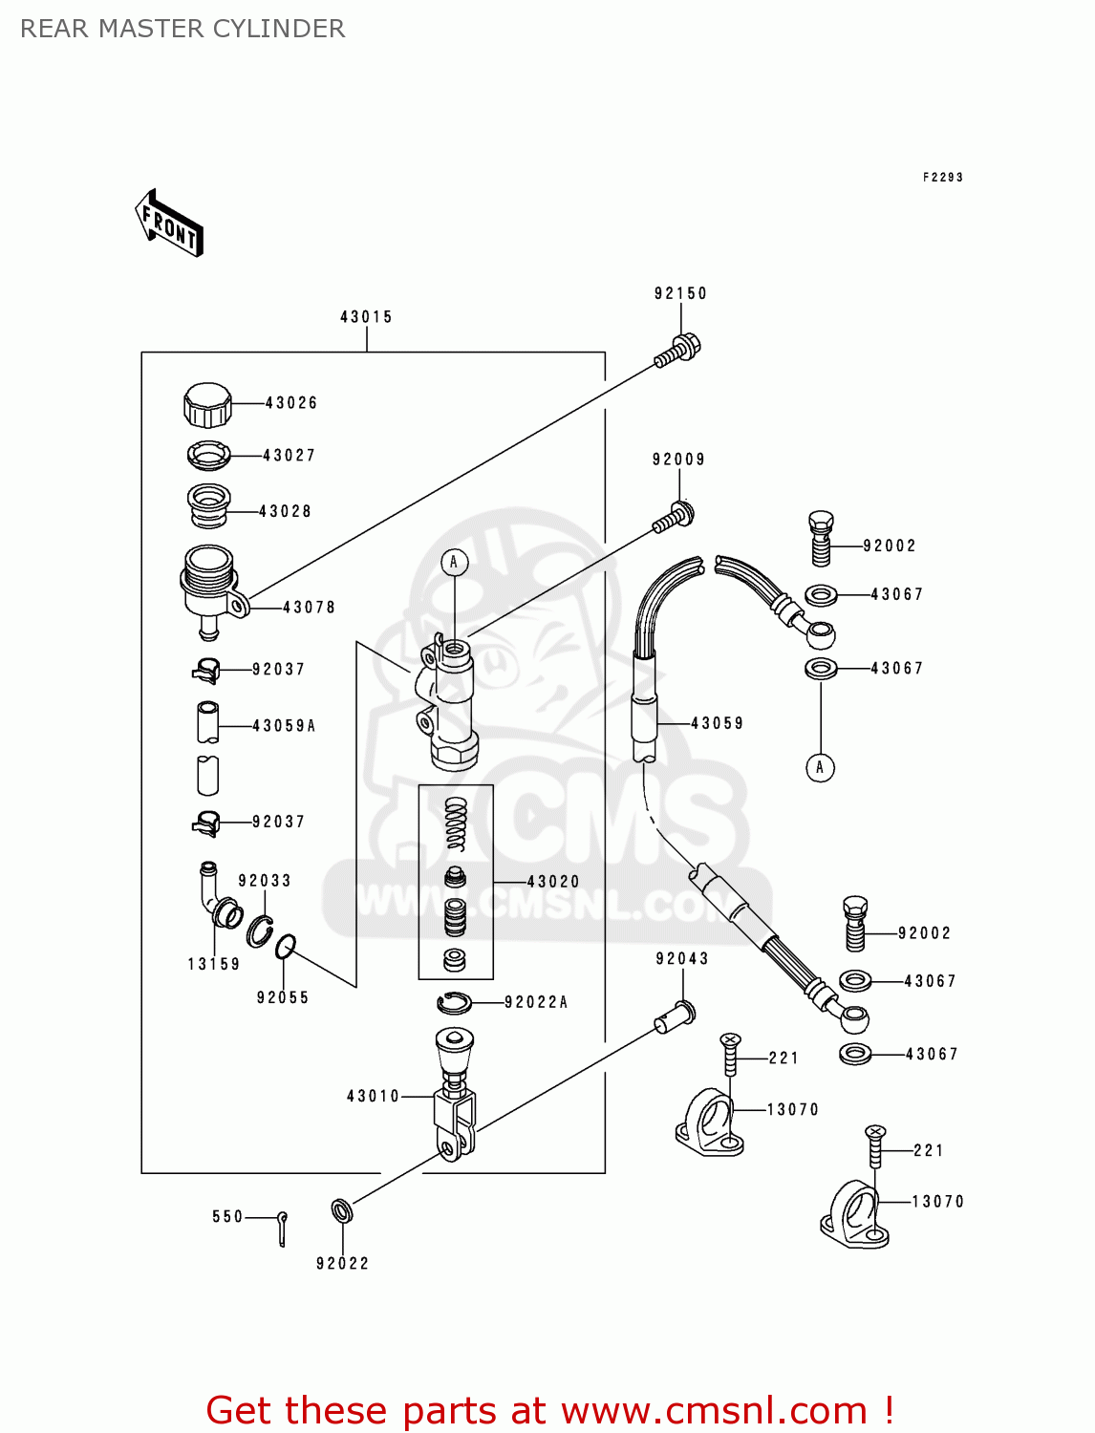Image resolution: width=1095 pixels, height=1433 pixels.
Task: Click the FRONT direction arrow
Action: [169, 224]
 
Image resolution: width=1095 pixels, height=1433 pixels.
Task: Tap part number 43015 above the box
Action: [366, 317]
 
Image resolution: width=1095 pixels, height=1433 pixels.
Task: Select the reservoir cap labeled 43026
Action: [207, 405]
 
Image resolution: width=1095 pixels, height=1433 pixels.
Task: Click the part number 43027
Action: [289, 456]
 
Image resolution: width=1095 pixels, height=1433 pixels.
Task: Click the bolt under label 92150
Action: [677, 350]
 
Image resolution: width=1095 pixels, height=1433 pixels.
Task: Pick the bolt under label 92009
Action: [674, 518]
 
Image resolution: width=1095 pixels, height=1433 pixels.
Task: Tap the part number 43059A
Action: [284, 726]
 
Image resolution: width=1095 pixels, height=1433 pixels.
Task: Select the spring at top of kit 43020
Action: [457, 824]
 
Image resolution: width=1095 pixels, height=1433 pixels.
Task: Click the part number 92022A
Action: [536, 1002]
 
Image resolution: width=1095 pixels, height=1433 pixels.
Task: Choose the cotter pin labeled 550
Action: [282, 1228]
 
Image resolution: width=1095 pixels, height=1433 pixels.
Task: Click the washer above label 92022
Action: [342, 1211]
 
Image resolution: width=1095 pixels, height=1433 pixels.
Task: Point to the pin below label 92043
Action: [675, 1016]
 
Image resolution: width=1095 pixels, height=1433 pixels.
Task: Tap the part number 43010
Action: [373, 1097]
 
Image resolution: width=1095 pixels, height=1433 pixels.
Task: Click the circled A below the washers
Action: [820, 767]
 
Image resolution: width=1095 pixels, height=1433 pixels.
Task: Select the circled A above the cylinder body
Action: [454, 563]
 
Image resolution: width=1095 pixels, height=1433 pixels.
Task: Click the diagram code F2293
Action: [942, 178]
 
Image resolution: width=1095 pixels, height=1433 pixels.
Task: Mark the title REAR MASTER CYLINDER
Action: [182, 29]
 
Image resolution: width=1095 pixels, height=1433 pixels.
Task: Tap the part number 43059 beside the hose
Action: [717, 723]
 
